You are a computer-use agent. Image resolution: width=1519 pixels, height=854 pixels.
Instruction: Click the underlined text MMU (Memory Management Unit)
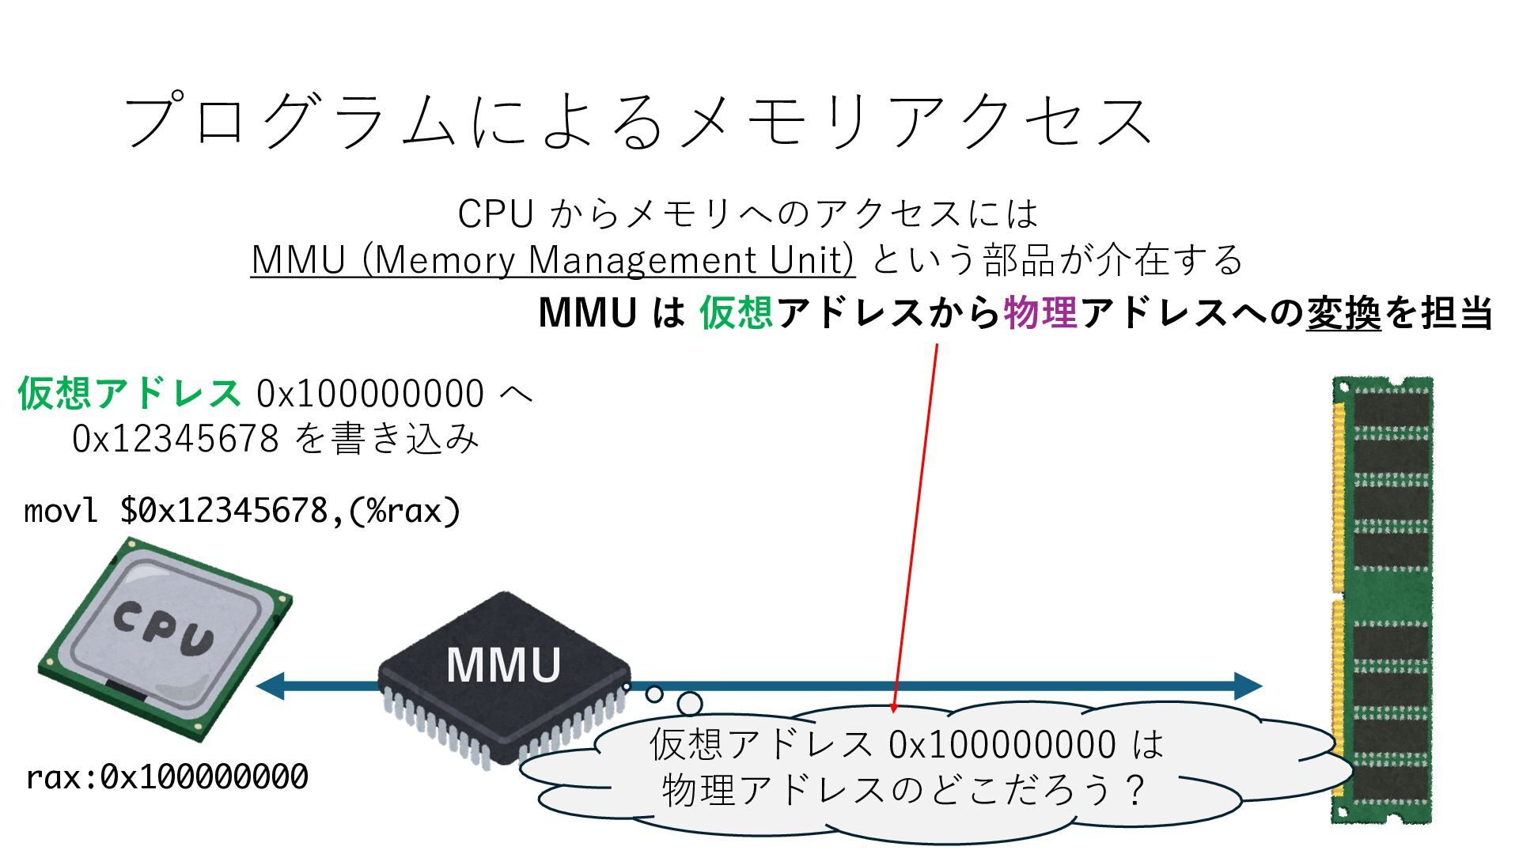point(552,259)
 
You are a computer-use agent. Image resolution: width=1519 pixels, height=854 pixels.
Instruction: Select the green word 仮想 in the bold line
point(736,312)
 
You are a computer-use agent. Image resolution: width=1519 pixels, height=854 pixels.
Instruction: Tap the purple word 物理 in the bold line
point(1040,312)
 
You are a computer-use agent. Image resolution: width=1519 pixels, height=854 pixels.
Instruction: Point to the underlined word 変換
point(1343,312)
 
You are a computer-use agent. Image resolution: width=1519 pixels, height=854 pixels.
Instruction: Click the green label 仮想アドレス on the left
point(129,393)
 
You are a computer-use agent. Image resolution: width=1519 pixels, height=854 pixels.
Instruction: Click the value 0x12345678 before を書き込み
point(175,438)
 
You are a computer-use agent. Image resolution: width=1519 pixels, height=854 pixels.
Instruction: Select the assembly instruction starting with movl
point(242,511)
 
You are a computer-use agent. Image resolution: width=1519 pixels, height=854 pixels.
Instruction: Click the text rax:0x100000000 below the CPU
point(167,777)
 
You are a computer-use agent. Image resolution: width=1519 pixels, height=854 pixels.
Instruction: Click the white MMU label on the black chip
point(504,665)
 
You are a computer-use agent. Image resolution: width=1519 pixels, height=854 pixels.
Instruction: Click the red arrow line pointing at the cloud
point(916,522)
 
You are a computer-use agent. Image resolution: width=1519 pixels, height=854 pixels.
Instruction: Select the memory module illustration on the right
point(1383,599)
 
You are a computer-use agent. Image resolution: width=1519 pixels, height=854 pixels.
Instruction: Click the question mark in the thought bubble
point(1136,789)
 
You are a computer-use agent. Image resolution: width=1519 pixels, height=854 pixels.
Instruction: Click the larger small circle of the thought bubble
point(690,703)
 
